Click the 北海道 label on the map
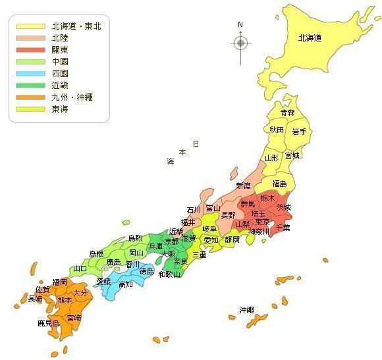[x=309, y=38]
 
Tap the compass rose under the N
[x=240, y=43]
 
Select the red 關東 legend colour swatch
[x=29, y=50]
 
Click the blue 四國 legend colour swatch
[x=29, y=74]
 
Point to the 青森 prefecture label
[x=287, y=113]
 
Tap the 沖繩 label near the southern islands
[x=246, y=309]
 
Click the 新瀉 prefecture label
[x=243, y=186]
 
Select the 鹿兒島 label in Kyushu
[x=49, y=323]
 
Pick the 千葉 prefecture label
[x=283, y=227]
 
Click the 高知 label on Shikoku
[x=126, y=284]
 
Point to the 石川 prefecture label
[x=193, y=210]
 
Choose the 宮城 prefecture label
[x=292, y=155]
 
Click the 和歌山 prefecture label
[x=170, y=274]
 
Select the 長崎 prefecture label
[x=36, y=298]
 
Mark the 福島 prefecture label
[x=279, y=184]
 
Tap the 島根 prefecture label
[x=96, y=253]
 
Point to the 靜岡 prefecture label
[x=232, y=240]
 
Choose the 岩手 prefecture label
[x=299, y=131]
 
